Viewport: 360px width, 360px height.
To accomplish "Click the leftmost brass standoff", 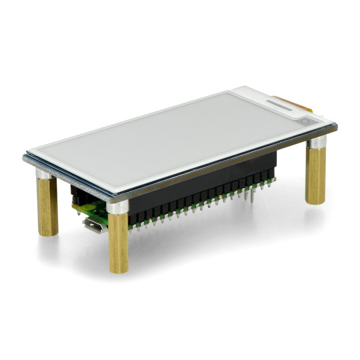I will click(x=47, y=207).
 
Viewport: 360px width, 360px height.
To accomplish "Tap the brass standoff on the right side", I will click(x=316, y=175).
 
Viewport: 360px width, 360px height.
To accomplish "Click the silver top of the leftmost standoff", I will click(x=44, y=176).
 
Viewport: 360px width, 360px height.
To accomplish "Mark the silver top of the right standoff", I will click(x=317, y=143).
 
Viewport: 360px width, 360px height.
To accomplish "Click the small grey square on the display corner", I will click(x=304, y=121).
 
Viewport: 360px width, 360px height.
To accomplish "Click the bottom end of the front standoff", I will click(x=119, y=270).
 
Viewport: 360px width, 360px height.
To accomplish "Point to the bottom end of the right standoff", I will click(x=316, y=201).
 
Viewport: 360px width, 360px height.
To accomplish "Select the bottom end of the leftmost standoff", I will click(x=48, y=233).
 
